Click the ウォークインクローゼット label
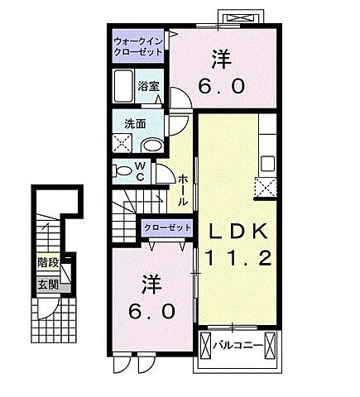tap(138, 45)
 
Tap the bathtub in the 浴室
tap(124, 86)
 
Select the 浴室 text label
tap(149, 85)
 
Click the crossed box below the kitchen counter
tap(268, 187)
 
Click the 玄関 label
tap(47, 285)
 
